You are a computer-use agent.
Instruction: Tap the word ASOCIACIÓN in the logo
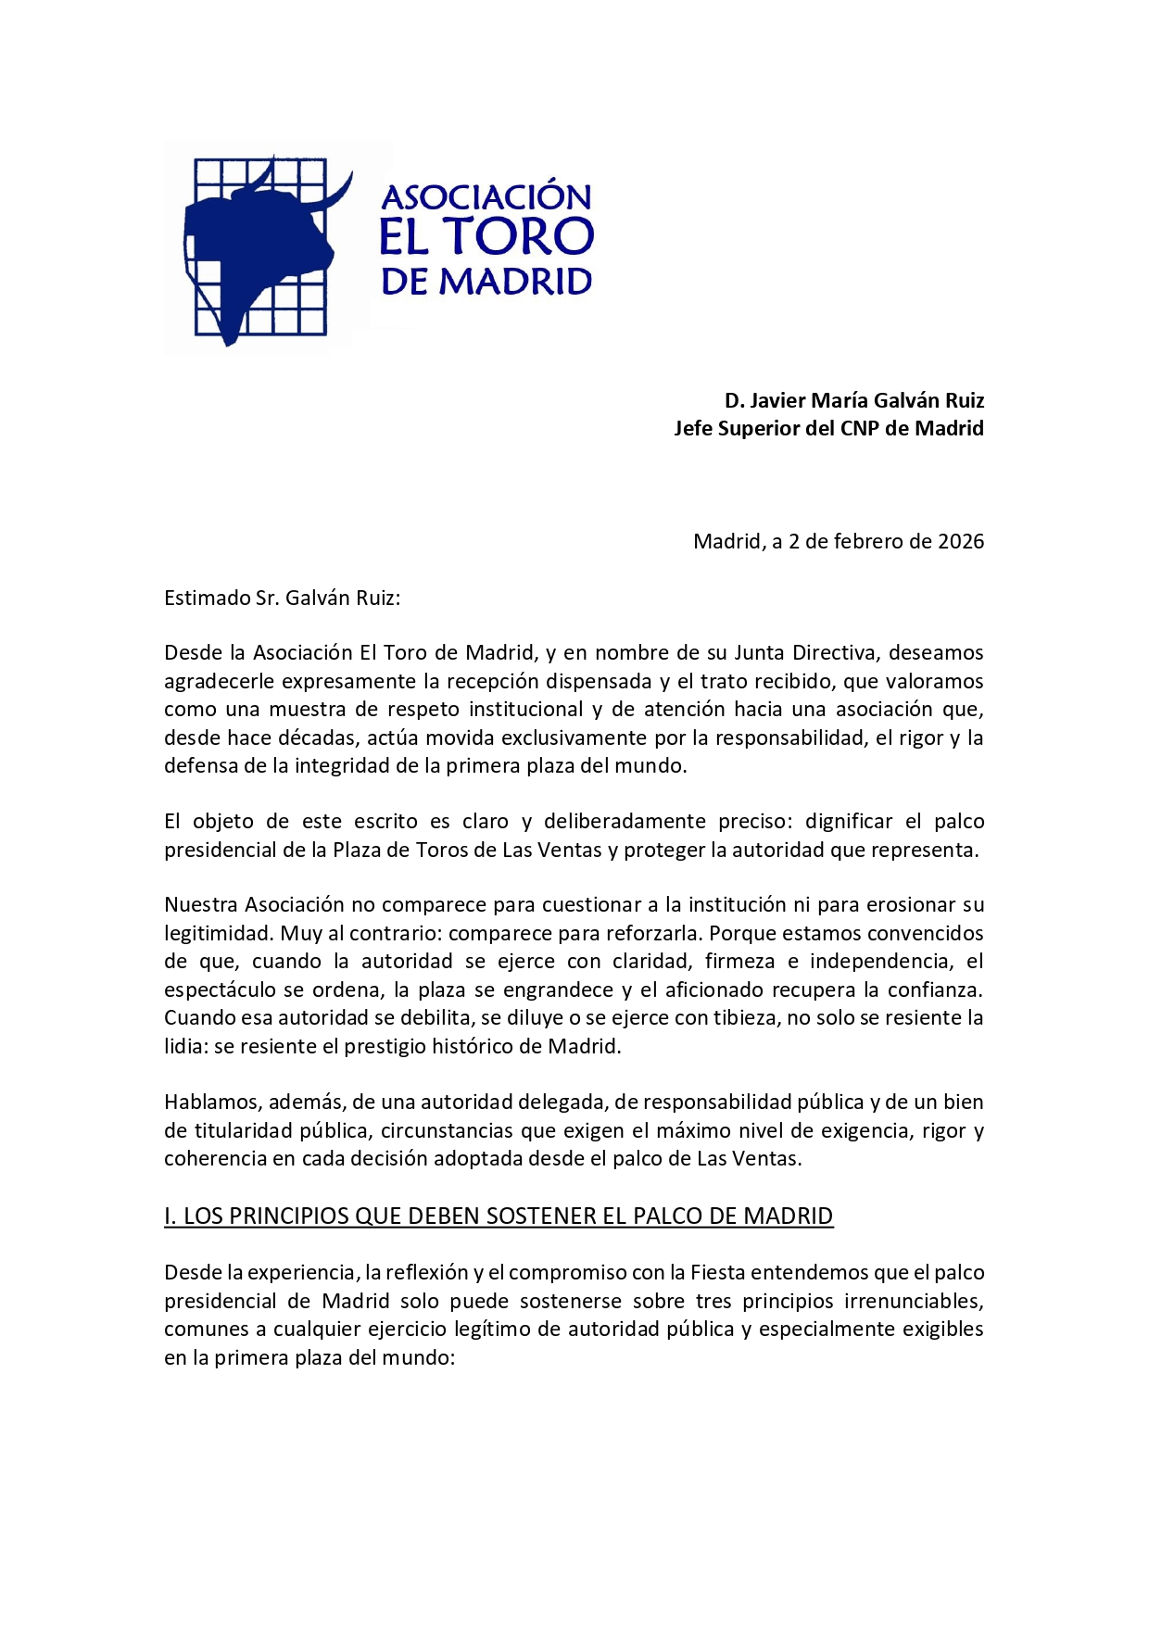[486, 196]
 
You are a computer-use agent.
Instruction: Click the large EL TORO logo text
[486, 237]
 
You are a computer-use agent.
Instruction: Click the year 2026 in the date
[960, 541]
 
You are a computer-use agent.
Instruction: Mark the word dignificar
[849, 821]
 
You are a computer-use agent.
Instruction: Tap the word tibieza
[745, 1017]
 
